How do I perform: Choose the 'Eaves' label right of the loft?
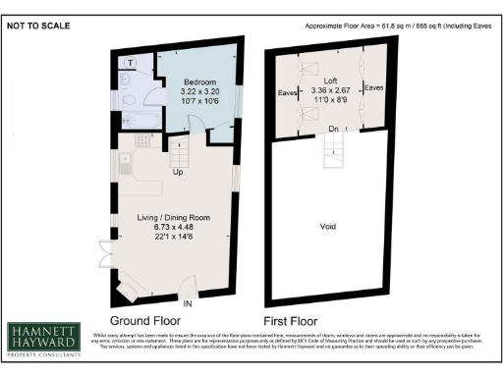(374, 88)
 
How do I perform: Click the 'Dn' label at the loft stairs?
(334, 129)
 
